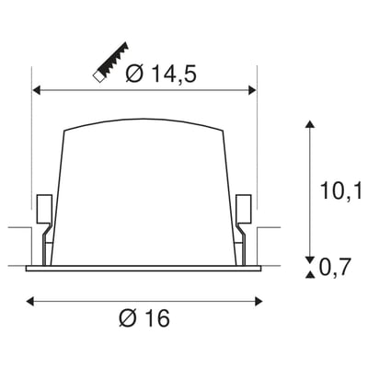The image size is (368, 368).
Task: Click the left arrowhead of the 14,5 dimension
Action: click(38, 90)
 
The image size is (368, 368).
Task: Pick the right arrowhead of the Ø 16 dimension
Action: click(261, 299)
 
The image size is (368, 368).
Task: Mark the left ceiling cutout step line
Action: click(18, 227)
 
